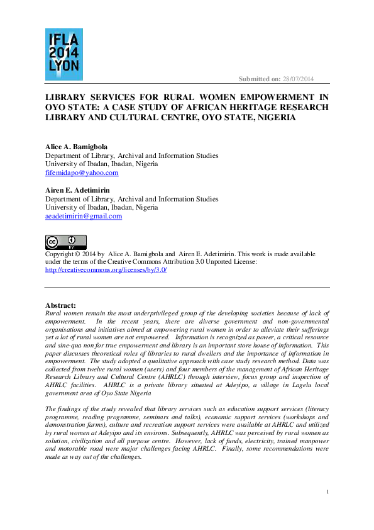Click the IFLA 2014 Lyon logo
point(63,54)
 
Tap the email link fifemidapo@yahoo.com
point(82,172)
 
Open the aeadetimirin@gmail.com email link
point(84,216)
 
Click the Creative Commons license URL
point(106,269)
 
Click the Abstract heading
point(61,305)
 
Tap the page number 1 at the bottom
point(327,491)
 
